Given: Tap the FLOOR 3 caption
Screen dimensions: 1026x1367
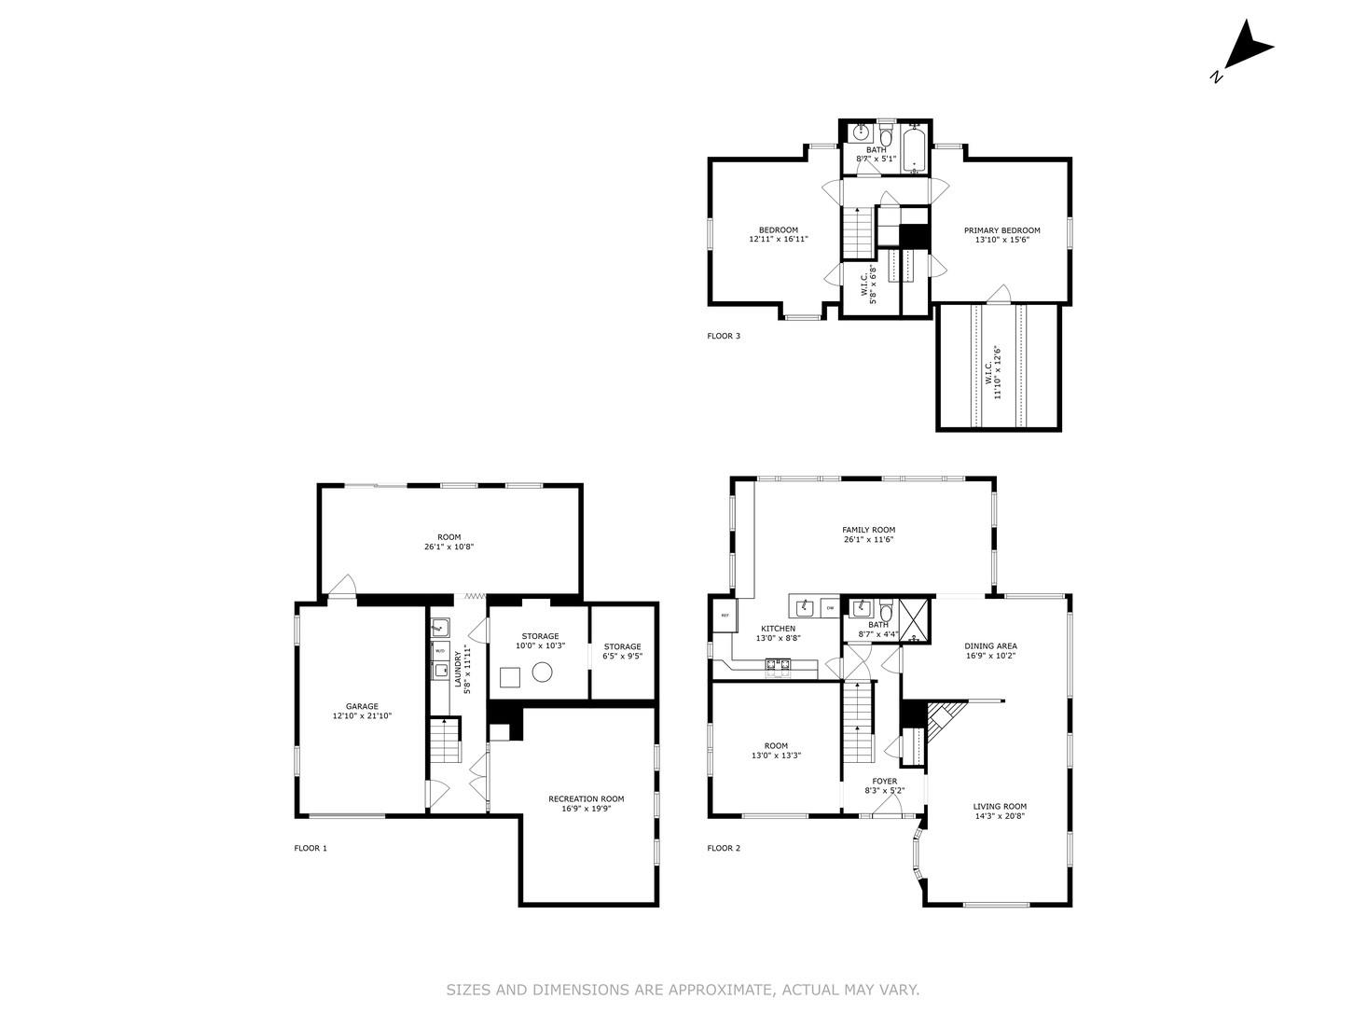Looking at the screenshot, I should pos(724,336).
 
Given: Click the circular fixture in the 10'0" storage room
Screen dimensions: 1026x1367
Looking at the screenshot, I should pos(542,672).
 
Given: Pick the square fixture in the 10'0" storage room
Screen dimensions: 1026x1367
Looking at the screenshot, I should pos(509,676).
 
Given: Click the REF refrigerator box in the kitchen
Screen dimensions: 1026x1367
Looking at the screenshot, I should pos(725,616).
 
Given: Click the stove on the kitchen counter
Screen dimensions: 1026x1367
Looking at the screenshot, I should pos(778,665).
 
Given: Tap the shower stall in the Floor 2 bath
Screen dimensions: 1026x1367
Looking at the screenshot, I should pos(916,619).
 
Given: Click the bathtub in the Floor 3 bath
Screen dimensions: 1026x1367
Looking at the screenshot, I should pos(914,150).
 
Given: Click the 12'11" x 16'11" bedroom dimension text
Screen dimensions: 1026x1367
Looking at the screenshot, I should pos(778,240).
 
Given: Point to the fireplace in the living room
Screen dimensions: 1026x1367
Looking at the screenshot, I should pos(940,719).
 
